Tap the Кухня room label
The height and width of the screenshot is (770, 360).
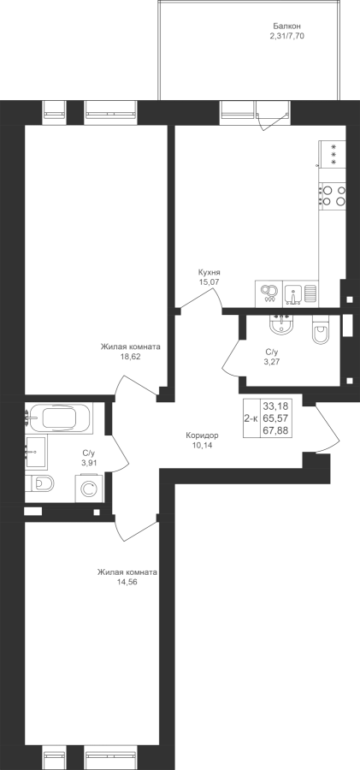[x=209, y=272]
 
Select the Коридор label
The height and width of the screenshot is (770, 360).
[x=202, y=435]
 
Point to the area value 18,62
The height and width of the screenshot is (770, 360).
[x=130, y=357]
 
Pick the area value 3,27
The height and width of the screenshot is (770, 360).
[x=272, y=361]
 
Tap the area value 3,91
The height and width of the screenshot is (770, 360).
[x=90, y=462]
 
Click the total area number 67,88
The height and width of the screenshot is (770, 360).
[x=275, y=431]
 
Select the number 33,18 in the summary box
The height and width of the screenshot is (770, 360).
[x=275, y=406]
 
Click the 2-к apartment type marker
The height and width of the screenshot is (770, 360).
[x=251, y=418]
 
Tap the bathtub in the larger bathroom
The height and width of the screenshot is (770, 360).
[x=58, y=418]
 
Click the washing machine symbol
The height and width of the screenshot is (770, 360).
[x=89, y=489]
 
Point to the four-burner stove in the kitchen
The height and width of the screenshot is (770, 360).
[x=332, y=195]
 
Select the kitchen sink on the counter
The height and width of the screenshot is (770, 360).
[x=293, y=293]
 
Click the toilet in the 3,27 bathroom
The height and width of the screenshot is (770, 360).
[x=322, y=330]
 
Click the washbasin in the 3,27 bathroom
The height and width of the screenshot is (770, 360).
[x=281, y=325]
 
